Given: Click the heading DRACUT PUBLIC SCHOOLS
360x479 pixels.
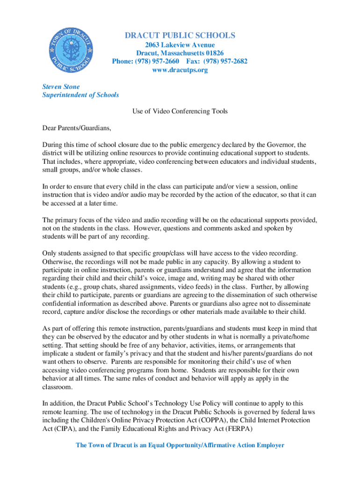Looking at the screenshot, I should coord(180,36).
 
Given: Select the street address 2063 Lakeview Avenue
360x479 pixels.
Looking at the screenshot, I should coord(180,45).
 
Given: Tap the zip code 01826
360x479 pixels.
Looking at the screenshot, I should coord(214,53).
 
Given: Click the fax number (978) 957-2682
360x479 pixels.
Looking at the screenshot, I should coord(227,62).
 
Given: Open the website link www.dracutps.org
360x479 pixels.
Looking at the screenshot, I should coord(180,70).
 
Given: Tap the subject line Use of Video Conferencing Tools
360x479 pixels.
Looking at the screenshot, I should coord(180,111).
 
